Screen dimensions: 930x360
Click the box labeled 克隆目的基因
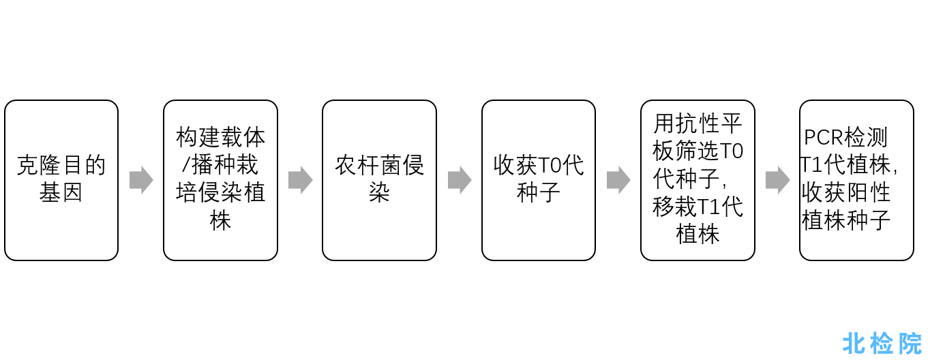click(x=61, y=180)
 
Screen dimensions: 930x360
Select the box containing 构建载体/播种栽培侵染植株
click(x=220, y=180)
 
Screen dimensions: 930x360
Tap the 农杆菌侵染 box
click(x=380, y=180)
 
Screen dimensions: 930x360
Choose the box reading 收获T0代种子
click(x=539, y=180)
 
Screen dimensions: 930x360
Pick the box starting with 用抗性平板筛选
click(x=697, y=180)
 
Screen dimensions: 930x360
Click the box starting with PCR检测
click(x=856, y=180)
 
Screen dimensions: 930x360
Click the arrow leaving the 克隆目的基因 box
click(x=141, y=180)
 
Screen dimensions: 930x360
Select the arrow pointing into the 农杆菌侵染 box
click(x=301, y=180)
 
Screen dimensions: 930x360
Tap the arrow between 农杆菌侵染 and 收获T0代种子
click(x=460, y=180)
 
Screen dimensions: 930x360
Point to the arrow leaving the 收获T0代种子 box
click(x=618, y=180)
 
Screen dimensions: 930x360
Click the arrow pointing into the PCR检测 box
click(x=778, y=180)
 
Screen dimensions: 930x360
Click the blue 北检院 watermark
click(x=882, y=344)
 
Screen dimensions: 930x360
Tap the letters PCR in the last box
click(x=821, y=138)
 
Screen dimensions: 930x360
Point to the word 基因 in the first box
click(x=61, y=193)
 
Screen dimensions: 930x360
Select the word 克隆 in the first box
click(x=39, y=165)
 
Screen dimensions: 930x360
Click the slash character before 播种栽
click(x=186, y=165)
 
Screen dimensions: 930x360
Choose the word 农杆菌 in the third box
click(x=368, y=165)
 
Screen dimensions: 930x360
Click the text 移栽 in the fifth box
click(x=675, y=207)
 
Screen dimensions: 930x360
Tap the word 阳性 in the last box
click(x=868, y=193)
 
